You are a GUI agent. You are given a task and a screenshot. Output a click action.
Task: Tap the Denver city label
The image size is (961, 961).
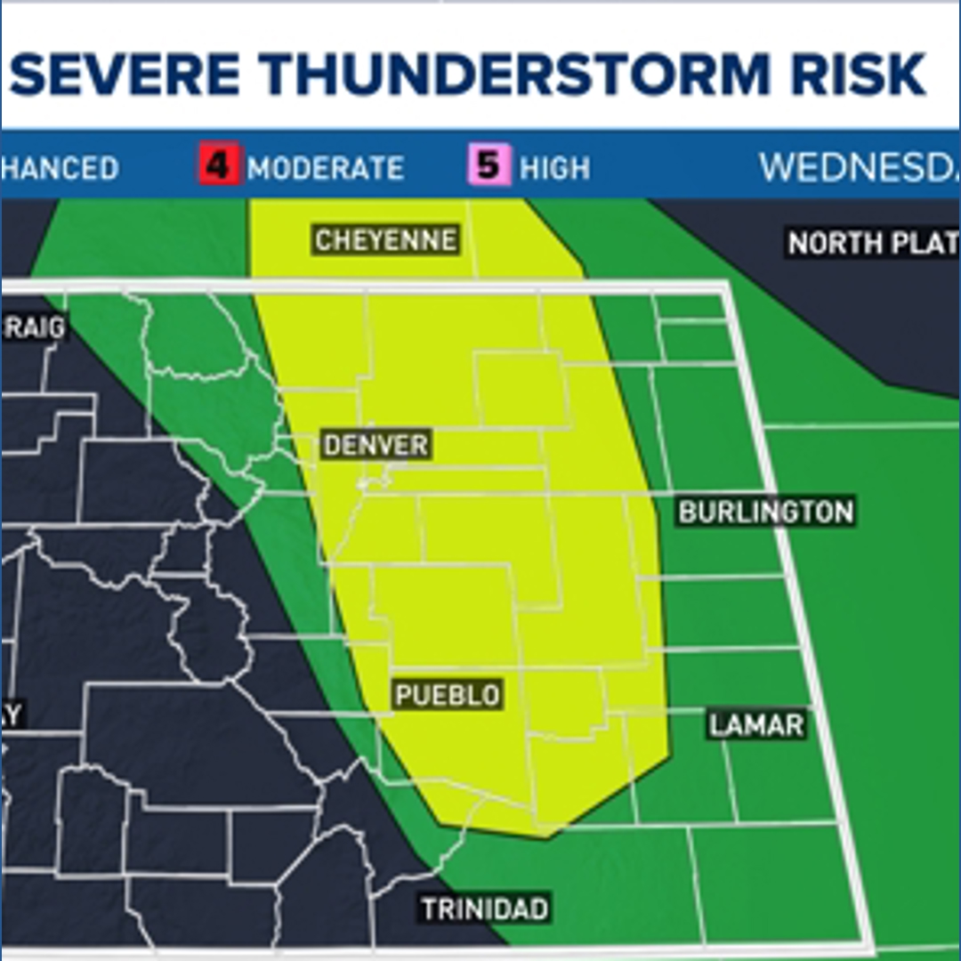pyautogui.click(x=376, y=445)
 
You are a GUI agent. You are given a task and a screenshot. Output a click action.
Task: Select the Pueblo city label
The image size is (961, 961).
pyautogui.click(x=447, y=694)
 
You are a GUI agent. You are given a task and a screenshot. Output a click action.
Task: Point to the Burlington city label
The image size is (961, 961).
pyautogui.click(x=765, y=512)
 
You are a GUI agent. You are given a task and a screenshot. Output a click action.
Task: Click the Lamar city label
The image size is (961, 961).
pyautogui.click(x=756, y=724)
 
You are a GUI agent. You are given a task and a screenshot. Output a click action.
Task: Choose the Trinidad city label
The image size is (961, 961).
pyautogui.click(x=485, y=909)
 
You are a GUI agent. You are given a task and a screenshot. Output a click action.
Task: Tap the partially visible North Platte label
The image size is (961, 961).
pyautogui.click(x=872, y=243)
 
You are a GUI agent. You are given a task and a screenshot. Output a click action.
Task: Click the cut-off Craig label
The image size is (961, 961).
pyautogui.click(x=34, y=328)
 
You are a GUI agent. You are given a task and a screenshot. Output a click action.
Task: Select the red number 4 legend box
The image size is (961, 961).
pyautogui.click(x=219, y=166)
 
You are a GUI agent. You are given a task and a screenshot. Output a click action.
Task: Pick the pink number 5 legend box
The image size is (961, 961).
pyautogui.click(x=489, y=166)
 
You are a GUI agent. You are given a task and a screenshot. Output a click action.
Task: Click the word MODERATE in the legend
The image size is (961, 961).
pyautogui.click(x=326, y=168)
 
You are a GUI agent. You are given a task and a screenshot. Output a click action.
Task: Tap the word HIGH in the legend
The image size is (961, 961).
pyautogui.click(x=554, y=168)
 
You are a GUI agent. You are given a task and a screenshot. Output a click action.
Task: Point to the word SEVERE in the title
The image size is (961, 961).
pyautogui.click(x=125, y=76)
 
